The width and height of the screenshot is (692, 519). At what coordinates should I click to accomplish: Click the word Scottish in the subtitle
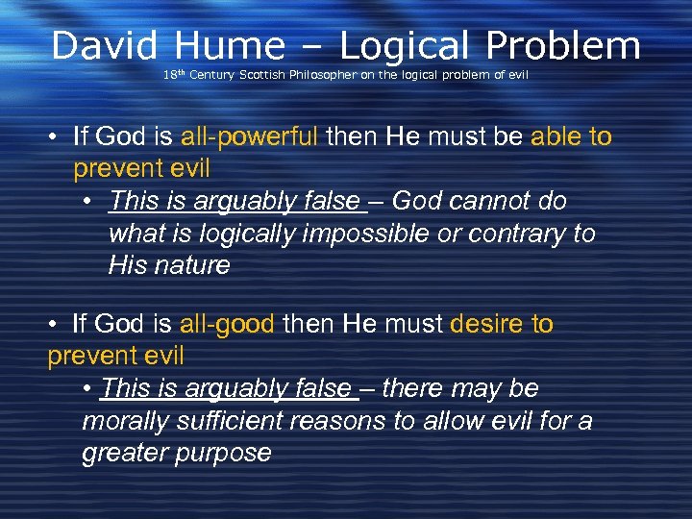[x=259, y=74]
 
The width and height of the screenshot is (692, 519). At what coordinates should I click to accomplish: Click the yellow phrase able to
[x=571, y=136]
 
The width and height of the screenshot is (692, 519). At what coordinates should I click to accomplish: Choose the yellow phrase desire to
[x=498, y=324]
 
